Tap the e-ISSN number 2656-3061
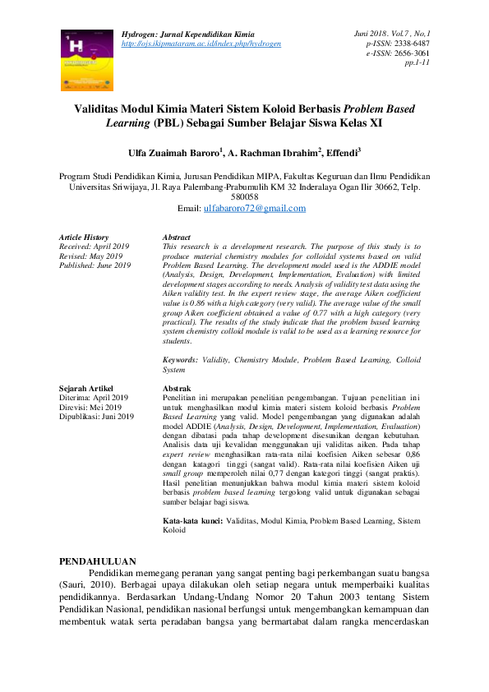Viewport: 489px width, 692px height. tap(407, 52)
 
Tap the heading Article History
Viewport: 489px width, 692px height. tap(84, 237)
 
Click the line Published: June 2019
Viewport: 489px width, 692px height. tap(95, 265)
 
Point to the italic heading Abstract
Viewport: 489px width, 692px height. tap(177, 237)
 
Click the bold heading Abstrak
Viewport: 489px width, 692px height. tap(178, 387)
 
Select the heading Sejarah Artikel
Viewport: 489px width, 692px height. tap(86, 387)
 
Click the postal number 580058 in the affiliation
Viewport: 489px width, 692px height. tap(245, 197)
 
